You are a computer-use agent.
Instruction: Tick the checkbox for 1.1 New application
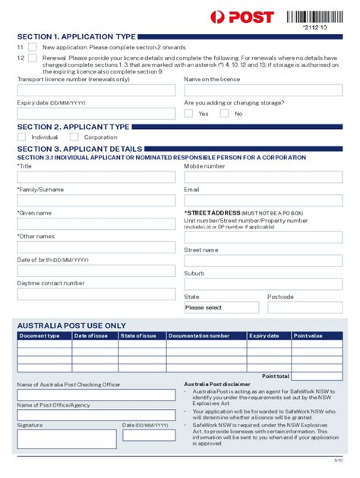[32, 47]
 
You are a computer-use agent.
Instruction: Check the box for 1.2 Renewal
[32, 58]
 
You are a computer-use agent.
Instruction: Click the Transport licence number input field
[96, 91]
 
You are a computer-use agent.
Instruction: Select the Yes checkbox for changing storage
[188, 114]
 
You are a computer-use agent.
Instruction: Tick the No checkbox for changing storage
[224, 114]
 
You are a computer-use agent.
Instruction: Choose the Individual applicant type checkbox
[21, 137]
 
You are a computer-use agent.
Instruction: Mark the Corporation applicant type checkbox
[74, 137]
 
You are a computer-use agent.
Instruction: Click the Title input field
[96, 177]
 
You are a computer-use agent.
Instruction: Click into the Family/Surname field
[96, 200]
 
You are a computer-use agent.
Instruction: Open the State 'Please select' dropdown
[220, 308]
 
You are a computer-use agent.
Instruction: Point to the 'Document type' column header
[44, 335]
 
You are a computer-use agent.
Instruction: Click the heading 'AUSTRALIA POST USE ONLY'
[71, 325]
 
